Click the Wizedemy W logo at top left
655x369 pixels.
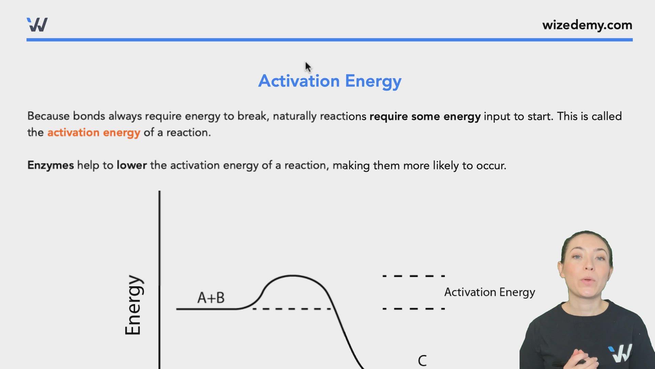coord(37,25)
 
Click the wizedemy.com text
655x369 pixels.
coord(587,25)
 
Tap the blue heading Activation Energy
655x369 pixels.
coord(330,81)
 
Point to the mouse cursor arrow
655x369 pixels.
coord(308,67)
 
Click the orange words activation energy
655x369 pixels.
coord(93,133)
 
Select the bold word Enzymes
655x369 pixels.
coord(50,165)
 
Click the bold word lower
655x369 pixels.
coord(132,165)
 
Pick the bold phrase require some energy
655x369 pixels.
coord(425,117)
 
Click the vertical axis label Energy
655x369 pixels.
coord(133,305)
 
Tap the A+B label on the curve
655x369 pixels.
coord(211,298)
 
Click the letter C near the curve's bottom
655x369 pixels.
coord(422,360)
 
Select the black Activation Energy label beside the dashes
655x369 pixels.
coord(489,292)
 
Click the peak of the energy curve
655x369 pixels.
coord(293,275)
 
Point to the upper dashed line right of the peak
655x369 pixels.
coord(413,276)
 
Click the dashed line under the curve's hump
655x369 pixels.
coord(292,309)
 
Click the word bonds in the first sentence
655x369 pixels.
coord(89,116)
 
